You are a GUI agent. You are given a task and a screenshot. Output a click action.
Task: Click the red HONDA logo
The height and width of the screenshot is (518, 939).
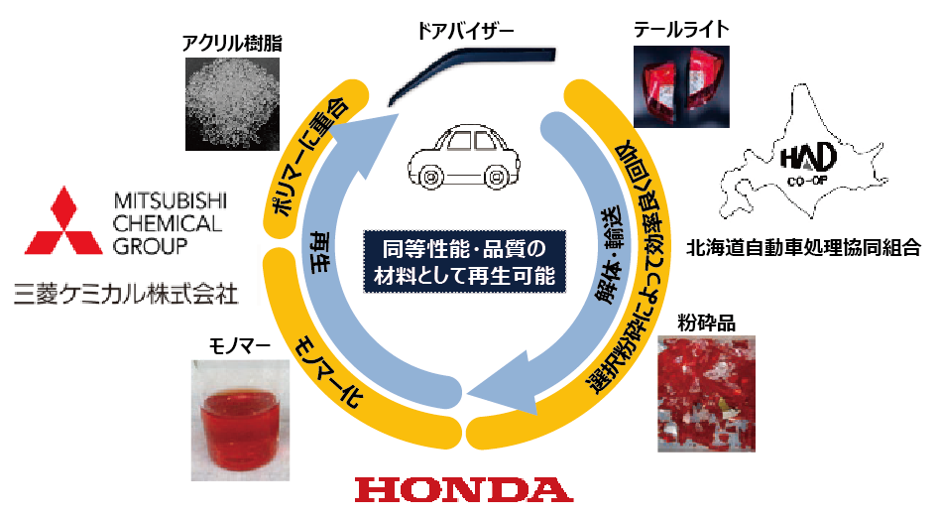[x=463, y=489]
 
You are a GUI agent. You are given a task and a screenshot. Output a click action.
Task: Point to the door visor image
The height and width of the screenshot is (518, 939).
[x=466, y=70]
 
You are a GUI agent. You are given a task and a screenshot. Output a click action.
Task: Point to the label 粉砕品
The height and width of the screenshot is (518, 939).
[x=706, y=323]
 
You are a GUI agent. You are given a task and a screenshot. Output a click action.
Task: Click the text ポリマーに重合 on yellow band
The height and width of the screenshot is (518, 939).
[x=307, y=154]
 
